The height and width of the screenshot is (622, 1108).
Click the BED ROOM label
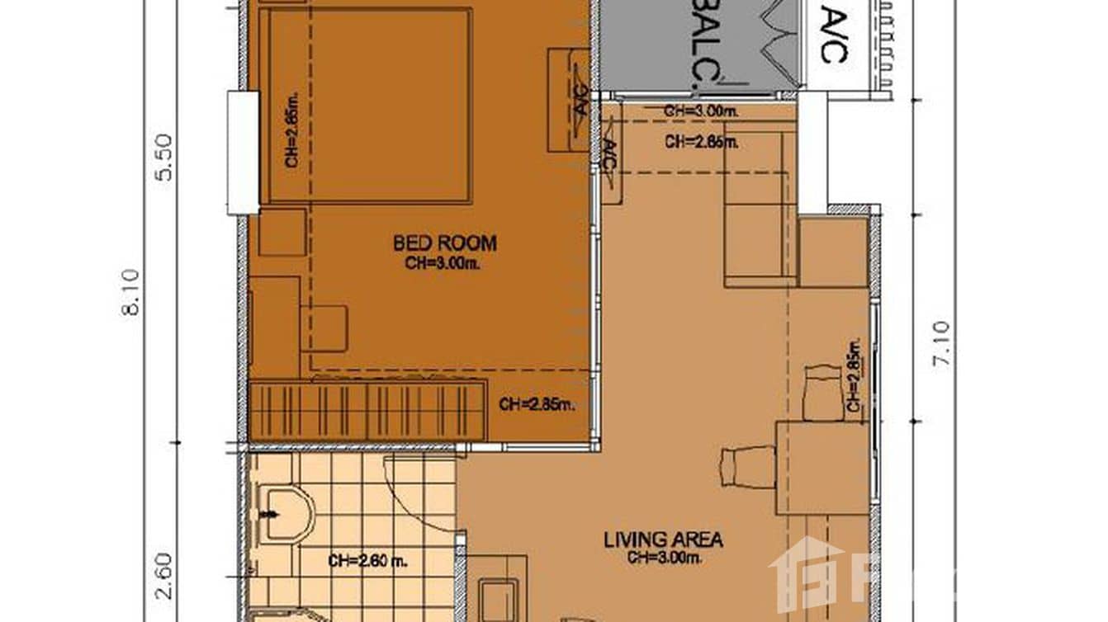445,243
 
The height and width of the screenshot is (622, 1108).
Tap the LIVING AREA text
663,540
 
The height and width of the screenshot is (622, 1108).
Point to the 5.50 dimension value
165,157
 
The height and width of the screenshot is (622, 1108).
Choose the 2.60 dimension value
165,576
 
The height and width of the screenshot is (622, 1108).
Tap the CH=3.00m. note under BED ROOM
445,263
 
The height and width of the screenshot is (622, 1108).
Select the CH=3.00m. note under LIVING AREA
663,558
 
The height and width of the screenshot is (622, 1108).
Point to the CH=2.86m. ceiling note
701,142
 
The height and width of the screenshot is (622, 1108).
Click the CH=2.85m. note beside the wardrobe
537,404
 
